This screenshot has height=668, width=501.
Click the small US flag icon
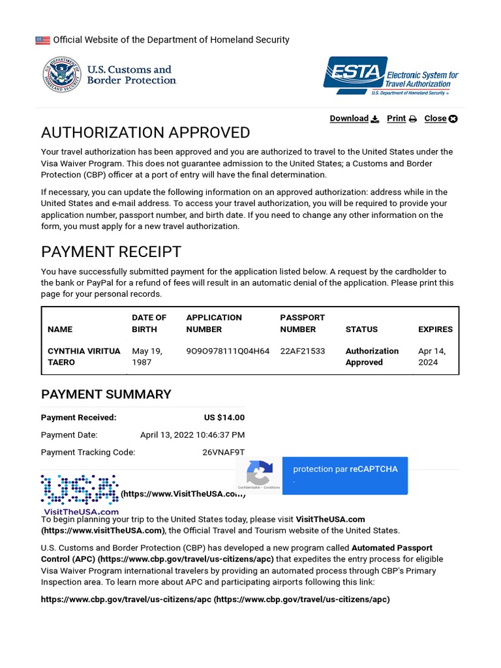[x=42, y=40]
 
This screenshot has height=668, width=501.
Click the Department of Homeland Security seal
[x=59, y=74]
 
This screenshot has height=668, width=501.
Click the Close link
[x=440, y=119]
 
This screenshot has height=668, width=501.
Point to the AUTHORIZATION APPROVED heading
[x=145, y=133]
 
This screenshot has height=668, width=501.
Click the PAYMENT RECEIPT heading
[x=111, y=252]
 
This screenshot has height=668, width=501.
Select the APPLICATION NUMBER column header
[x=214, y=324]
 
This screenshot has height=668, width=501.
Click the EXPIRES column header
[x=435, y=329]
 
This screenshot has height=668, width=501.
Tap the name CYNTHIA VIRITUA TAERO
[x=83, y=357]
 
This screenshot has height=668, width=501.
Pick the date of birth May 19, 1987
[x=147, y=357]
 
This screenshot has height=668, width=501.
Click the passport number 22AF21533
[x=302, y=351]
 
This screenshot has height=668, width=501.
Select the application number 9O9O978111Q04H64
[x=228, y=351]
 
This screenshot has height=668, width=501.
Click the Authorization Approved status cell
[x=372, y=357]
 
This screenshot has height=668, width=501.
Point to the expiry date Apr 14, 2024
[x=432, y=357]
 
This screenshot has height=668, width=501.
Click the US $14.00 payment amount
[x=224, y=417]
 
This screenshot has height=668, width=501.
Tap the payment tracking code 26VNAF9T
[x=223, y=452]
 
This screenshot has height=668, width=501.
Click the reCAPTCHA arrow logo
[x=259, y=472]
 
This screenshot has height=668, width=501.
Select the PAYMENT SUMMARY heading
[x=106, y=394]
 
